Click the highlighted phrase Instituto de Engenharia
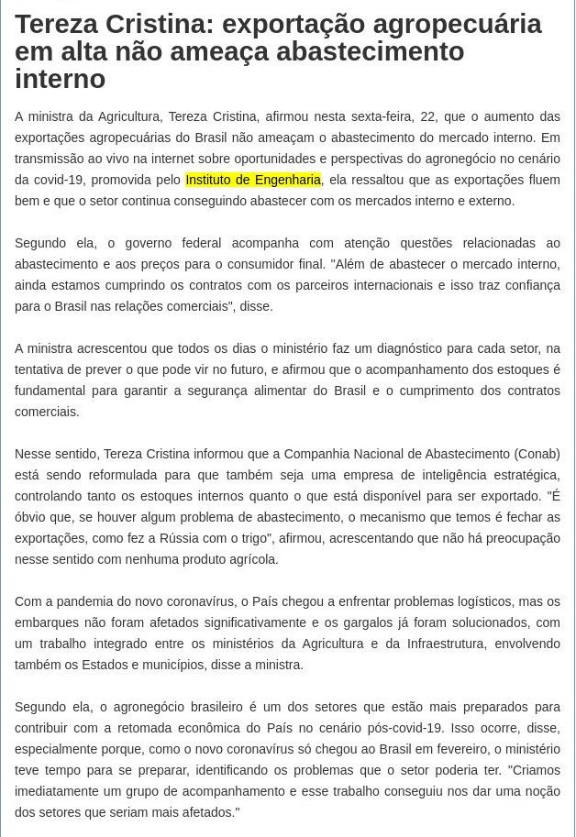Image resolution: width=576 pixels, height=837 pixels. click(253, 180)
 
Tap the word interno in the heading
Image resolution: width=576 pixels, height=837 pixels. click(60, 80)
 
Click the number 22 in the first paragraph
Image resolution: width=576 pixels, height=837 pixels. click(427, 116)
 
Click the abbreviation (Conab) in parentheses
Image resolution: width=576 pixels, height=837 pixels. click(537, 454)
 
